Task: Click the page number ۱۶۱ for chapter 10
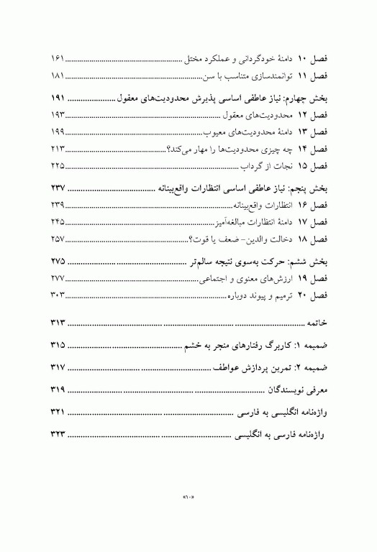(58, 57)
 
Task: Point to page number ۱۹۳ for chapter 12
(58, 115)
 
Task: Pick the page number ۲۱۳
(58, 149)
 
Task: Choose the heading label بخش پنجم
(309, 188)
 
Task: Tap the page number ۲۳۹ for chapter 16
(58, 206)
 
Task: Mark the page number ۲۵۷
(58, 239)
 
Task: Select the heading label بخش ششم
(309, 261)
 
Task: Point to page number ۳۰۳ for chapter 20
(58, 295)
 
